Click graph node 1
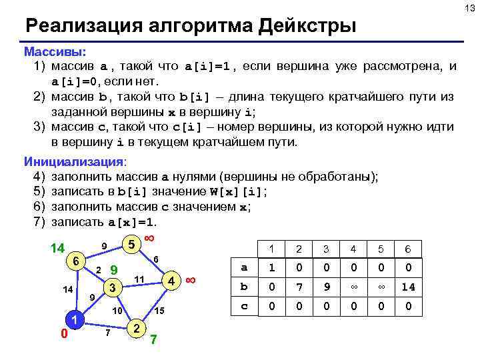pos(76,319)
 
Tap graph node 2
pos(137,327)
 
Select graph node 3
pos(113,287)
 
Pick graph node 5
pos(132,245)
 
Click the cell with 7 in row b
pos(299,287)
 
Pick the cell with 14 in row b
pos(407,287)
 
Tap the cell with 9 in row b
pos(326,287)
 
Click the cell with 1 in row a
pos(271,267)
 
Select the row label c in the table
pos(244,307)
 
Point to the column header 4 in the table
pos(353,249)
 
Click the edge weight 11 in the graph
pos(139,278)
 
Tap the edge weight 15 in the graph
pos(159,311)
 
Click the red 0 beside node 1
pos(64,333)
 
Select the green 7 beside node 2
pos(153,339)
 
